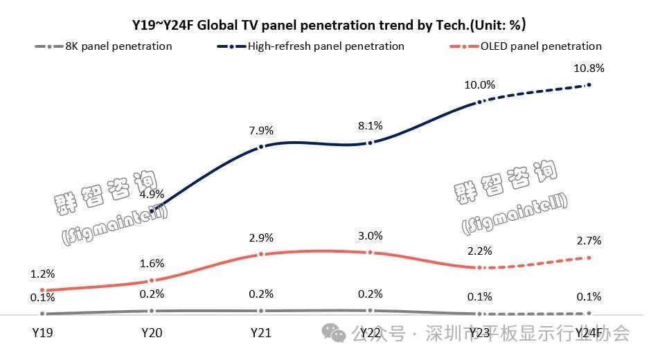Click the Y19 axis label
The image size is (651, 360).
(42, 333)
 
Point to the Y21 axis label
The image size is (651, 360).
(260, 333)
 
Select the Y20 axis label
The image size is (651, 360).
(152, 333)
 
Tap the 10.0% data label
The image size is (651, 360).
(479, 85)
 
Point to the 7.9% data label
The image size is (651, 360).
(260, 129)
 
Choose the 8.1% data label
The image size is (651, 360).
(371, 126)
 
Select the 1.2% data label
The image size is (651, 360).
(42, 275)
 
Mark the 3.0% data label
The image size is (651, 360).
(371, 237)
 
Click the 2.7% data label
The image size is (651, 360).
(589, 241)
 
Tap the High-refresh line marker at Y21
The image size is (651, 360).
(260, 147)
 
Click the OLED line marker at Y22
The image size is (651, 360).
(371, 253)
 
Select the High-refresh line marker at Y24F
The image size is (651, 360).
(589, 84)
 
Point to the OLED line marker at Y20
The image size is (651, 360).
(152, 280)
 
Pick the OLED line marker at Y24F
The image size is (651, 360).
(589, 258)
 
